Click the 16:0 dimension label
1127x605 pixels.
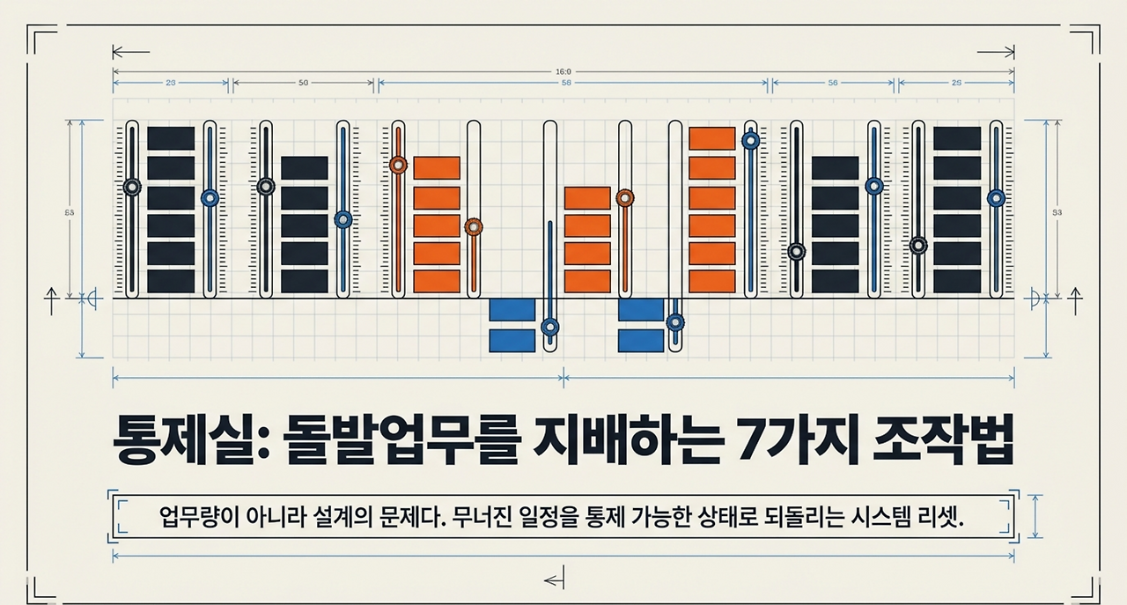pos(563,71)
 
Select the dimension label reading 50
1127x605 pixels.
pos(303,85)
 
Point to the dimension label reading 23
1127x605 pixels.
pos(171,85)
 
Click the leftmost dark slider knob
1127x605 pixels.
pos(132,187)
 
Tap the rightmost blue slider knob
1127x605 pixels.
pos(996,198)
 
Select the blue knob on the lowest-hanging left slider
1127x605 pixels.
pos(550,328)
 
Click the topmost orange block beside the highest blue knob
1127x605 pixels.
pos(711,138)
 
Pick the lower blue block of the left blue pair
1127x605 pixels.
pos(512,340)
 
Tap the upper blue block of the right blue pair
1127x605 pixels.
pos(641,310)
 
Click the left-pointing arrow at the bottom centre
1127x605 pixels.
pos(554,579)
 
